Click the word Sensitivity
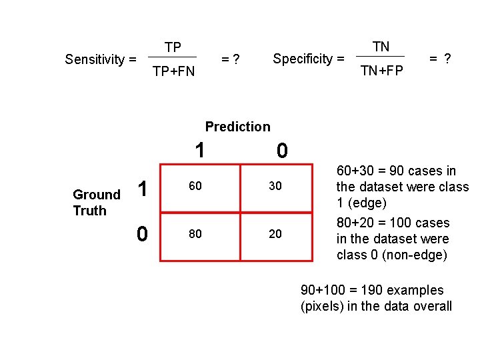click(95, 59)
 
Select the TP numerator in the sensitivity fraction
click(173, 47)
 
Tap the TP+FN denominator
click(173, 71)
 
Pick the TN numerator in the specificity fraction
click(381, 47)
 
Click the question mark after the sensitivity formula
click(236, 59)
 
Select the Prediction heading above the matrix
click(238, 127)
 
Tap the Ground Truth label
click(95, 203)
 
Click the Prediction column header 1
click(199, 151)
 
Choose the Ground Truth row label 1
click(142, 189)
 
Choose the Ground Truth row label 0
click(142, 233)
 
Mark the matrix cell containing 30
click(275, 187)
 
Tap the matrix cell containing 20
click(275, 234)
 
